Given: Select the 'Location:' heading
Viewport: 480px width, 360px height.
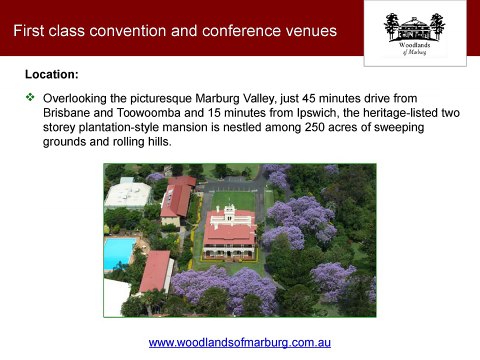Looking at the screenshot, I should click(51, 75).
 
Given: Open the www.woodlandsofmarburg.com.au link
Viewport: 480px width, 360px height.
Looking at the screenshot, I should click(240, 342).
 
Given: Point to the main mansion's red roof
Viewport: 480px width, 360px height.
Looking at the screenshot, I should click(229, 232).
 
